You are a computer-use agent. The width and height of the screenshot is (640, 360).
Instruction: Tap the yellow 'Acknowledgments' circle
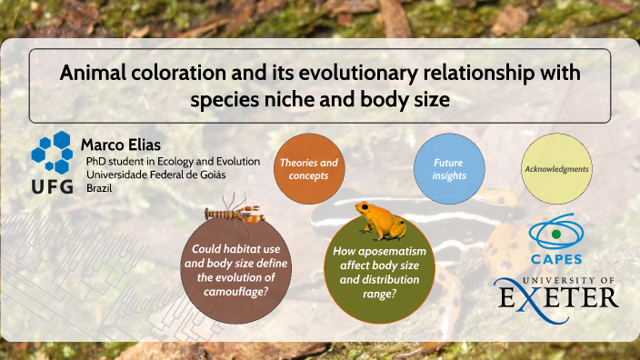556,169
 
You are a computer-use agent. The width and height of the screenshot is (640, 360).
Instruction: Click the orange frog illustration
368,221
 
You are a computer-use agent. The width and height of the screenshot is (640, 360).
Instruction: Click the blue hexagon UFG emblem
54,152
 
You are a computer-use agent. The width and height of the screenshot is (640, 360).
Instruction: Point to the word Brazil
100,187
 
